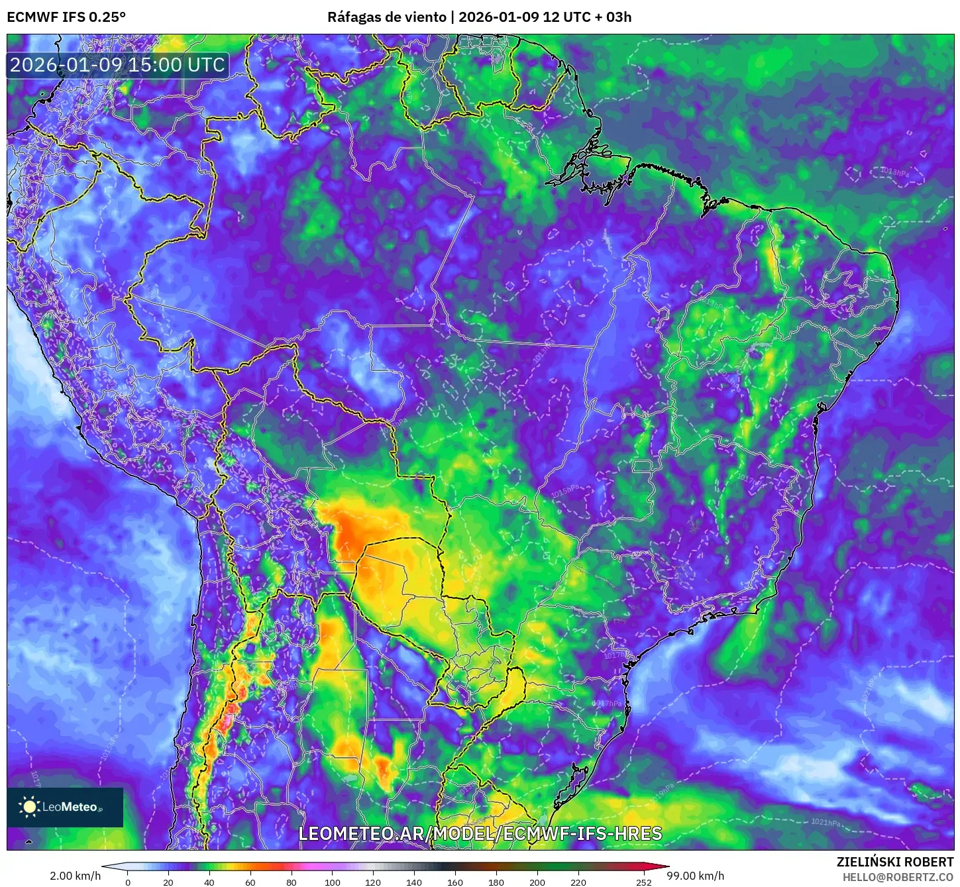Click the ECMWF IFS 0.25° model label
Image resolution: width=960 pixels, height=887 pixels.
tap(66, 17)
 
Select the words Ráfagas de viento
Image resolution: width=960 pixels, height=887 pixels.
tap(387, 17)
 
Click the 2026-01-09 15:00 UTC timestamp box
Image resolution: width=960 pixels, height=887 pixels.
tap(117, 65)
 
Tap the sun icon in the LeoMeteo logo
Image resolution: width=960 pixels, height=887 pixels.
tap(29, 806)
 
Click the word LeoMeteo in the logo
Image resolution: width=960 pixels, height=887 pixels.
tap(70, 807)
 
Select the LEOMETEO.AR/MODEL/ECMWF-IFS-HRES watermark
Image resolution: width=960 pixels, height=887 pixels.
tap(480, 833)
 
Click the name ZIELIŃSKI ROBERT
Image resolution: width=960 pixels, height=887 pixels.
tap(895, 862)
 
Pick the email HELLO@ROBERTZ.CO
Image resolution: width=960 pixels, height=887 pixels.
tap(898, 877)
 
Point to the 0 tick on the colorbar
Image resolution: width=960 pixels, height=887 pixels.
tap(128, 882)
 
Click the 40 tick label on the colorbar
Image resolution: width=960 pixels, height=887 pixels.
tap(209, 882)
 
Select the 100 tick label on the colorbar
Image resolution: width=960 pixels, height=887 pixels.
tap(333, 882)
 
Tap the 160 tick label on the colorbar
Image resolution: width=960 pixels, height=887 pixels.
tap(455, 882)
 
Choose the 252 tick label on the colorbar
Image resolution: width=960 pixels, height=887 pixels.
tap(644, 882)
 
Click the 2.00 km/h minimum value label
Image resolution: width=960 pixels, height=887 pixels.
tap(75, 876)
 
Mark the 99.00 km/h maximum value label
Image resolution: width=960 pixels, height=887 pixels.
tap(695, 876)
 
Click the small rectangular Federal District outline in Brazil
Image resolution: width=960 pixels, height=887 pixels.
tap(643, 466)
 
